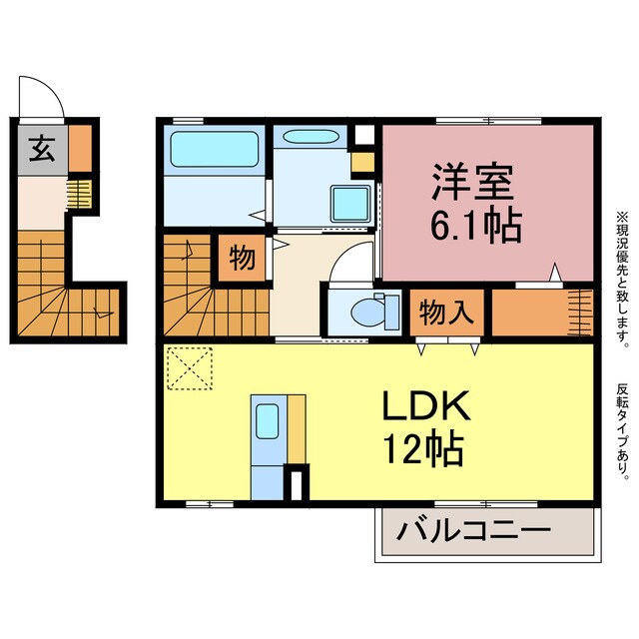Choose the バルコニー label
(473, 528)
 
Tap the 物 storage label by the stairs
(243, 258)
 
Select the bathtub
(214, 149)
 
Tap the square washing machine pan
(350, 205)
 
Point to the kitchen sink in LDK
(266, 393)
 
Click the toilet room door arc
(351, 264)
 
